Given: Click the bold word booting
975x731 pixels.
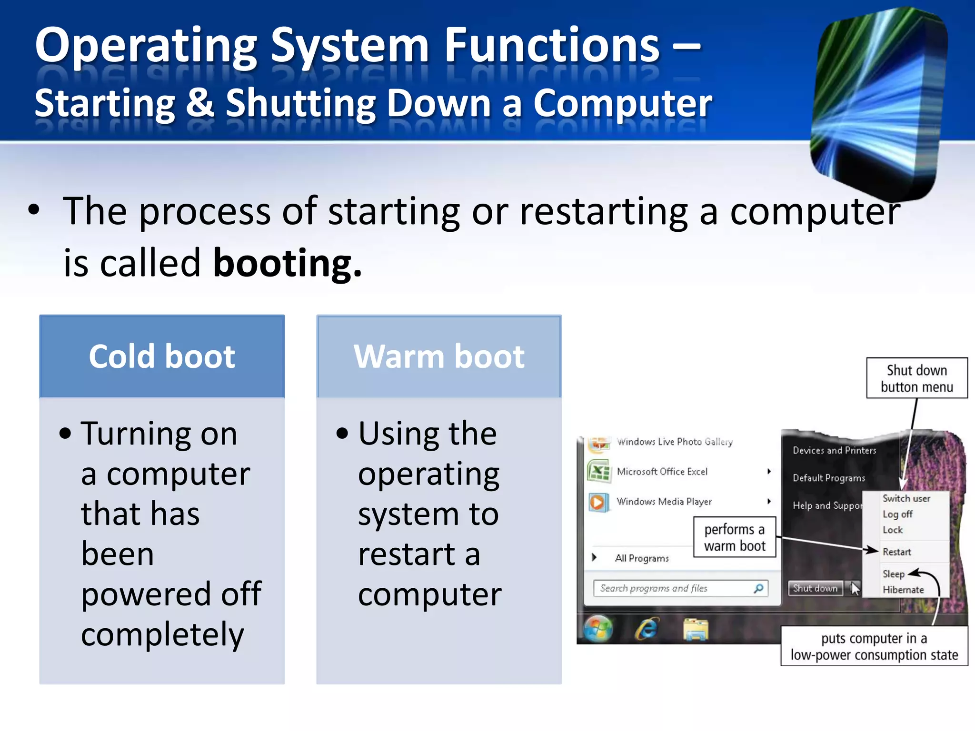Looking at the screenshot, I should (x=287, y=263).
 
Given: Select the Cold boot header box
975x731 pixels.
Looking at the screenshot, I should (x=162, y=356).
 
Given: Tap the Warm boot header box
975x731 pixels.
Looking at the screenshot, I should (x=439, y=356).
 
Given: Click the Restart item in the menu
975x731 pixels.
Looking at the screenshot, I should (x=897, y=552).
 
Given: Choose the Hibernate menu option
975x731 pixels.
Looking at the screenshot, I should (x=903, y=590).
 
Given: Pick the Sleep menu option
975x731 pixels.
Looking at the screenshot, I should (x=893, y=574).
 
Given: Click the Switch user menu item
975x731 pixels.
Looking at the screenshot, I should (x=906, y=498).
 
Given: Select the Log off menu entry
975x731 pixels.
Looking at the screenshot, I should (x=897, y=514).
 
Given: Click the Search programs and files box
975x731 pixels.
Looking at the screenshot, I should (x=676, y=588).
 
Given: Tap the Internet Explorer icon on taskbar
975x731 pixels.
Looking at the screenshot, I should (x=647, y=629).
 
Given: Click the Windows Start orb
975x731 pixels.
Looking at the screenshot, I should (x=598, y=629).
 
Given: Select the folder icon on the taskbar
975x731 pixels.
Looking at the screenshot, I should (x=696, y=629).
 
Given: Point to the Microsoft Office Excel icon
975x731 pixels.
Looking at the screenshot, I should (x=598, y=472).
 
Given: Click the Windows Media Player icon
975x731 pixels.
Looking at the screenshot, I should (x=598, y=502).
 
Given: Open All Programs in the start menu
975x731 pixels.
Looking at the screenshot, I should (x=641, y=558).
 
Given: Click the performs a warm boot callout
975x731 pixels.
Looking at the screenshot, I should (x=735, y=537).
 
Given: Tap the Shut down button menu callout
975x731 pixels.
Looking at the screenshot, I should (x=916, y=378).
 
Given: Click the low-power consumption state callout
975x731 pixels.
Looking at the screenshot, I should (x=874, y=646).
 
